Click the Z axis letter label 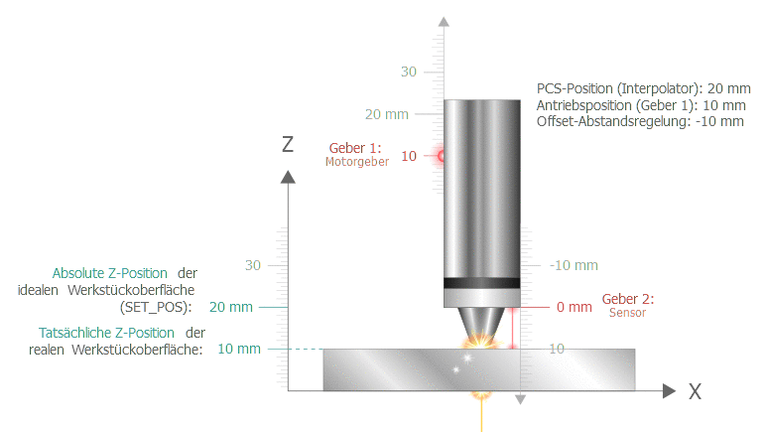click(x=288, y=144)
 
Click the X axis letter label click(x=696, y=392)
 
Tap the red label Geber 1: click(x=355, y=148)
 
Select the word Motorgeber click(x=357, y=162)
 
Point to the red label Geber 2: click(x=627, y=299)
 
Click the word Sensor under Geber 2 click(x=627, y=313)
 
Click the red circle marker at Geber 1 click(x=441, y=156)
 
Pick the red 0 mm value click(x=575, y=307)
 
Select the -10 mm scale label click(x=574, y=265)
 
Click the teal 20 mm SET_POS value click(x=231, y=307)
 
